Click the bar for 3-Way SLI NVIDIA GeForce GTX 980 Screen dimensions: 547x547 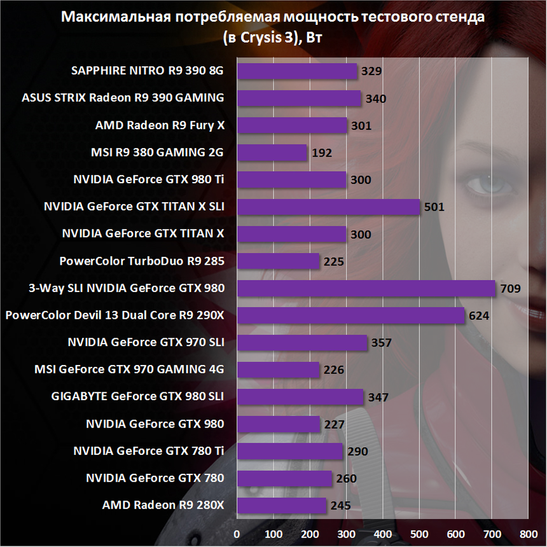pos(366,288)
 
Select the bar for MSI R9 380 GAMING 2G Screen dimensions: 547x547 pos(272,153)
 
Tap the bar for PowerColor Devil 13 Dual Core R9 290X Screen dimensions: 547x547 pos(350,315)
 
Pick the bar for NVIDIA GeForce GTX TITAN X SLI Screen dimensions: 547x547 pos(328,207)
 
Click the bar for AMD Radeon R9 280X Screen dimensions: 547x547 pos(281,506)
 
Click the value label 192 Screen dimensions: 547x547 pos(322,153)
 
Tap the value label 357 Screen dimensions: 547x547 pos(381,343)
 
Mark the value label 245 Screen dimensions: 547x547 pos(340,506)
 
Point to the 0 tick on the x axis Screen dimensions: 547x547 pos(237,533)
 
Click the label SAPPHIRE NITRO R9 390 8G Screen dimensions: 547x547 pos(148,71)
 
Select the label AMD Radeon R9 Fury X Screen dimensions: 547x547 pos(160,125)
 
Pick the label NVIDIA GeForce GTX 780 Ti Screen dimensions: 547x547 pos(148,451)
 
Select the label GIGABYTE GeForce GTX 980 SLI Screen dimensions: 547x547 pos(137,397)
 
